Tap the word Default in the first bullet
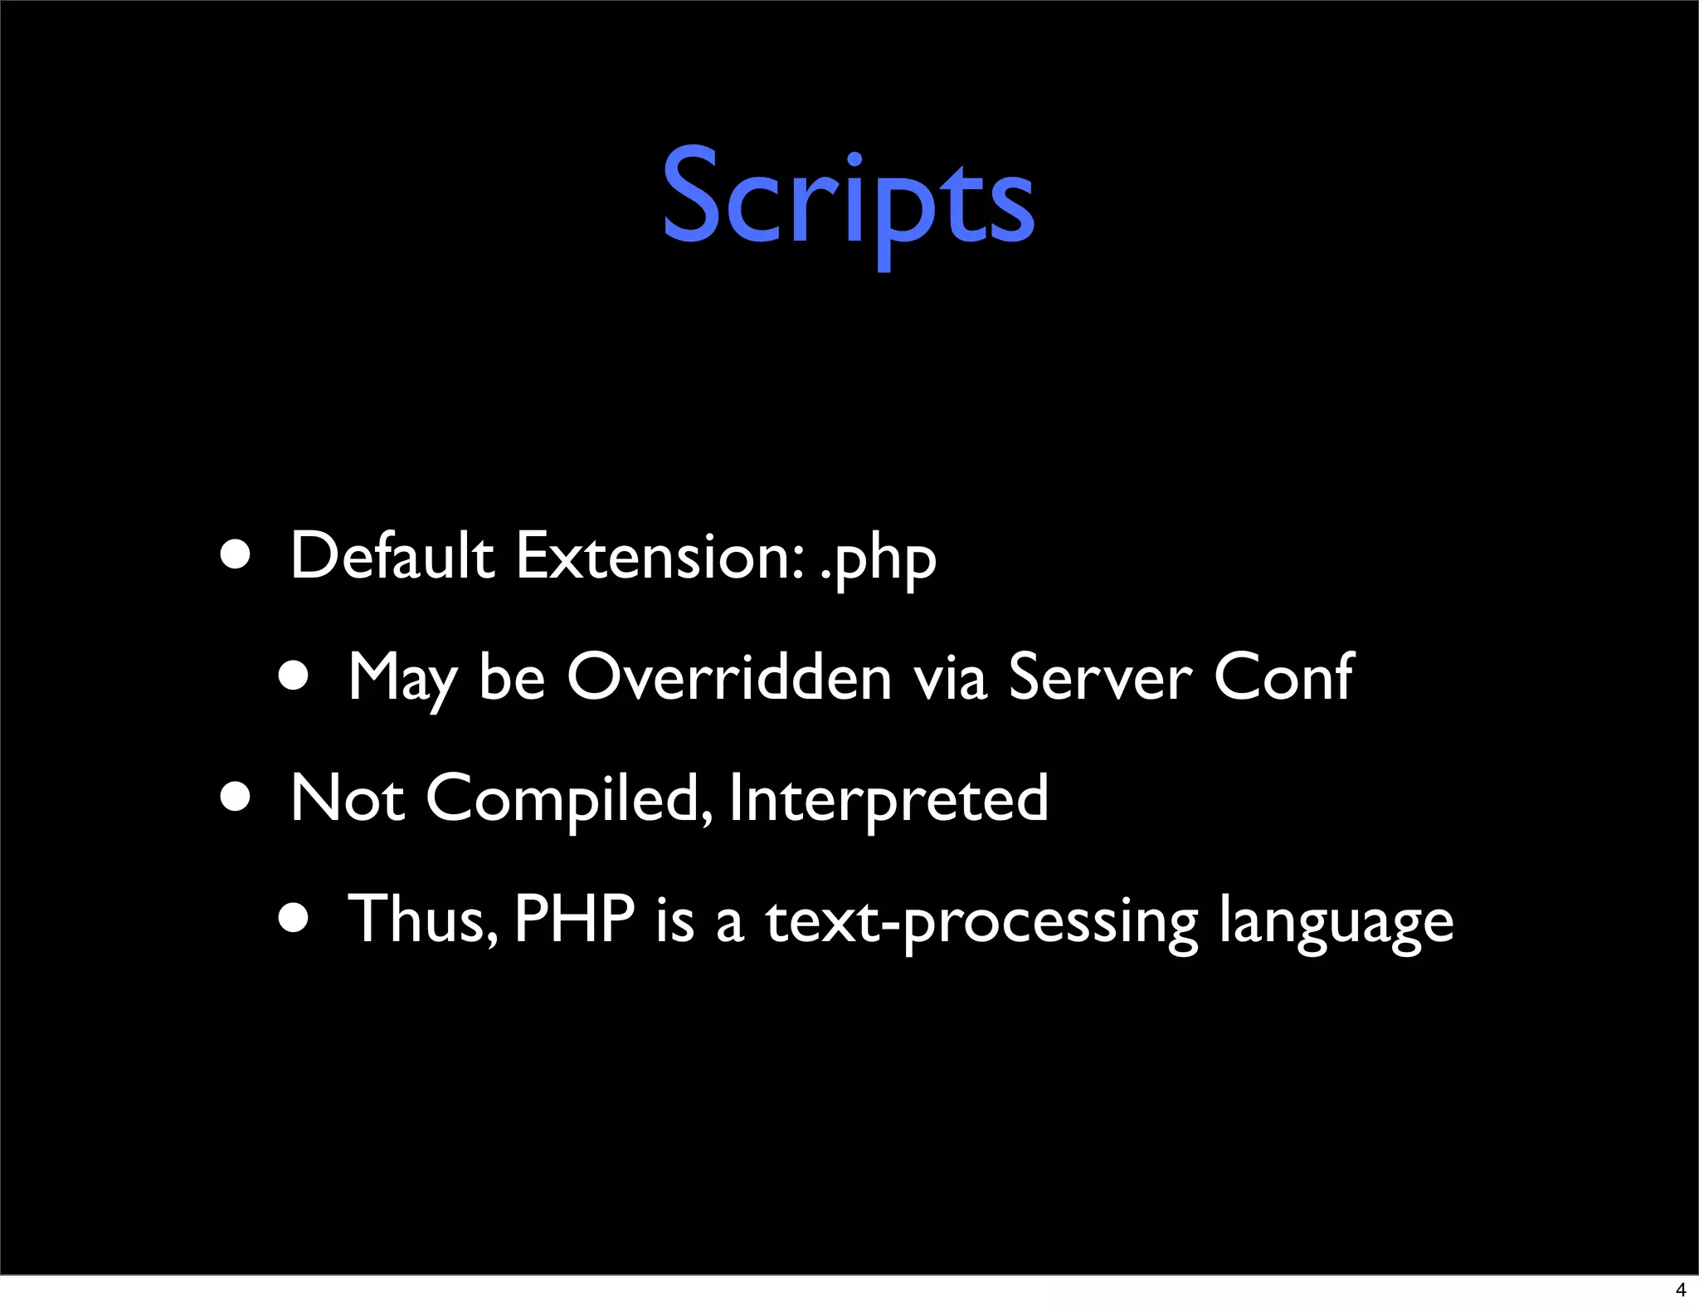[392, 556]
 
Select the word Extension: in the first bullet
[660, 556]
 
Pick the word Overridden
[729, 677]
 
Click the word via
[950, 677]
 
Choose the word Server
[1099, 677]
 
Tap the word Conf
[1283, 677]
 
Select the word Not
[348, 798]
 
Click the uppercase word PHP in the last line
[574, 920]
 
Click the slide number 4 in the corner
[1681, 1290]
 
